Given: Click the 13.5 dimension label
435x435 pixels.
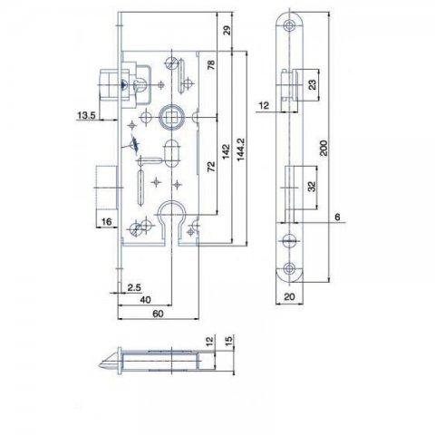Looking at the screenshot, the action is click(x=86, y=115).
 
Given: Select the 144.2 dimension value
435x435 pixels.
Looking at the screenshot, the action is click(x=241, y=150).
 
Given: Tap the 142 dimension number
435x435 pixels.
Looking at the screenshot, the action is click(x=227, y=151).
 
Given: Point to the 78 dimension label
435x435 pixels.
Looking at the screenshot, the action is click(x=211, y=64).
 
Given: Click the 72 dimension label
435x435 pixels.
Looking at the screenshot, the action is click(x=211, y=167).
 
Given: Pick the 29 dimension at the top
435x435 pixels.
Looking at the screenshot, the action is click(x=227, y=30).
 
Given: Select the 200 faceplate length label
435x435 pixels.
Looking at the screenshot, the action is click(x=324, y=148).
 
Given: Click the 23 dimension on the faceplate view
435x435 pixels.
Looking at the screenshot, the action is click(x=313, y=84).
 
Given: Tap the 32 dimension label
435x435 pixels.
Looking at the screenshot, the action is click(x=313, y=186).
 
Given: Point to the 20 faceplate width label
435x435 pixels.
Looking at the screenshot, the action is click(x=289, y=296).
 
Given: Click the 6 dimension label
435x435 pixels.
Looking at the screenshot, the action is click(x=337, y=217).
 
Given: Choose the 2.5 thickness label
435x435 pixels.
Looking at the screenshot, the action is click(x=134, y=287).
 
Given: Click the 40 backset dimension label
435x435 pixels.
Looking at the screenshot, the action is click(x=145, y=300).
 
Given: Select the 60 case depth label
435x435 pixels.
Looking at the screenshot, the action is click(x=158, y=314).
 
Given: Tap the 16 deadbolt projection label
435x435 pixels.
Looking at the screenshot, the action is click(x=106, y=222).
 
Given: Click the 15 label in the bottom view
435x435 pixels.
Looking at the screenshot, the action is click(x=229, y=341).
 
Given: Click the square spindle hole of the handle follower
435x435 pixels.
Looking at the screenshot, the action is click(x=171, y=116).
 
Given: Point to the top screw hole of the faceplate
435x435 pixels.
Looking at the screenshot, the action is click(x=290, y=25).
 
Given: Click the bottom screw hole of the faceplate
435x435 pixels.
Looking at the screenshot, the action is click(x=290, y=267).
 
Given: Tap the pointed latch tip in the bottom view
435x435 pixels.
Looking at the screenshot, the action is click(x=100, y=365).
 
